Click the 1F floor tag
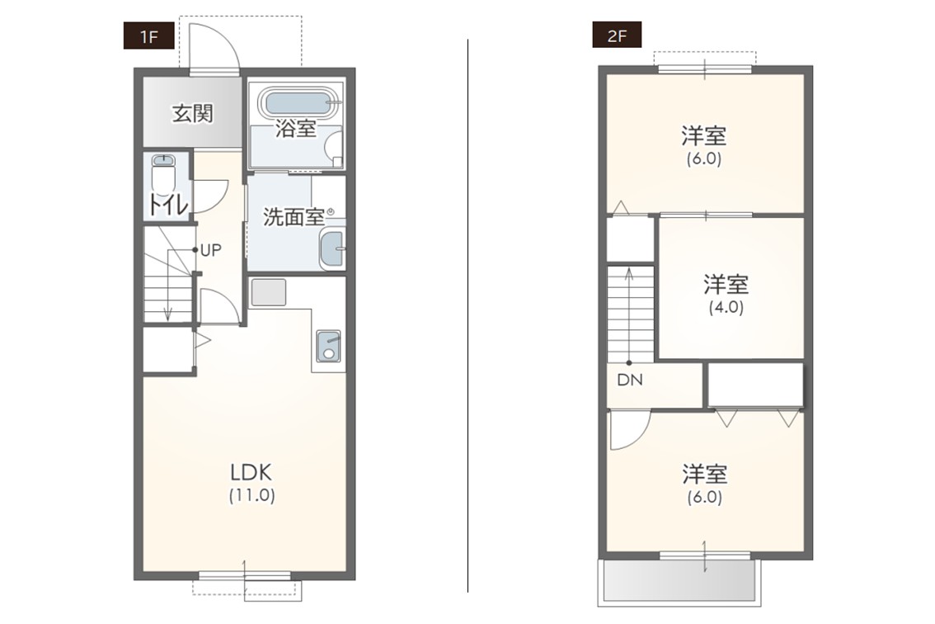[148, 35]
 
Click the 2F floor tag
[617, 35]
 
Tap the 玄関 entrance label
[193, 113]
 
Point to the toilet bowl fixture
[162, 173]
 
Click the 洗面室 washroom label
[294, 217]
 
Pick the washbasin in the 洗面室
[331, 248]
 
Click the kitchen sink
[328, 346]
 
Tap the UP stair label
[210, 250]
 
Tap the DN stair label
[630, 380]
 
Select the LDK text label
[251, 473]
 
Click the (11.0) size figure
[251, 495]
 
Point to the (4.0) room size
[726, 308]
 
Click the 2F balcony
[679, 582]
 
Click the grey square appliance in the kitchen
[268, 292]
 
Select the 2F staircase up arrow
[629, 315]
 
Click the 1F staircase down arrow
[169, 286]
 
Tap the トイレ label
[168, 205]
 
